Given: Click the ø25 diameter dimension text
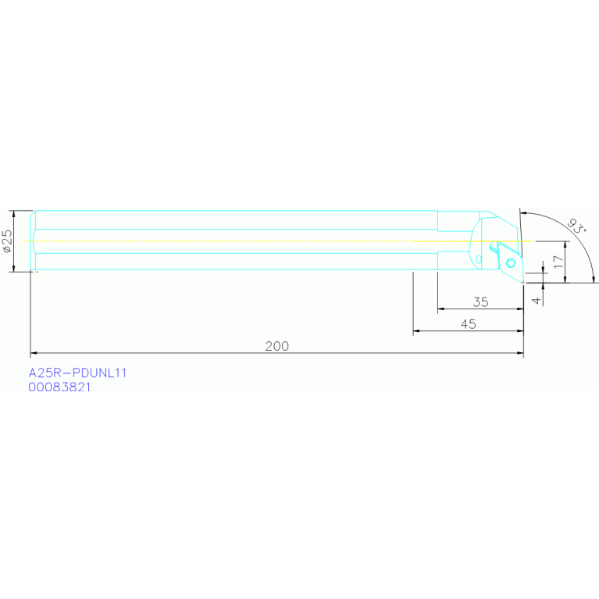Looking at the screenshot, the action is click(x=7, y=241).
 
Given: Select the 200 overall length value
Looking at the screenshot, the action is click(x=276, y=346).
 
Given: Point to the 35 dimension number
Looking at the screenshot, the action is click(x=480, y=301).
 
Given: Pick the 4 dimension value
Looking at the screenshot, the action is click(x=536, y=300).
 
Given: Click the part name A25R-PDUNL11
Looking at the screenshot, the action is click(x=77, y=373).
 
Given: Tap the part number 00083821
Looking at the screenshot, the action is click(x=59, y=387).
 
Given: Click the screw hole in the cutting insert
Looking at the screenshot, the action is click(x=510, y=262).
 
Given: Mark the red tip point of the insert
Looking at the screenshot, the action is click(x=522, y=282).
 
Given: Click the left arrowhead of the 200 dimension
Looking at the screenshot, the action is click(x=34, y=354).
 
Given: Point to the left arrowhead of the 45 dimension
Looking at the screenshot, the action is click(x=416, y=332).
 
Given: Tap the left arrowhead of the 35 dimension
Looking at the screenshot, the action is click(x=441, y=309).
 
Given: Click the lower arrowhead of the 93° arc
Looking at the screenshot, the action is click(x=594, y=279).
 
